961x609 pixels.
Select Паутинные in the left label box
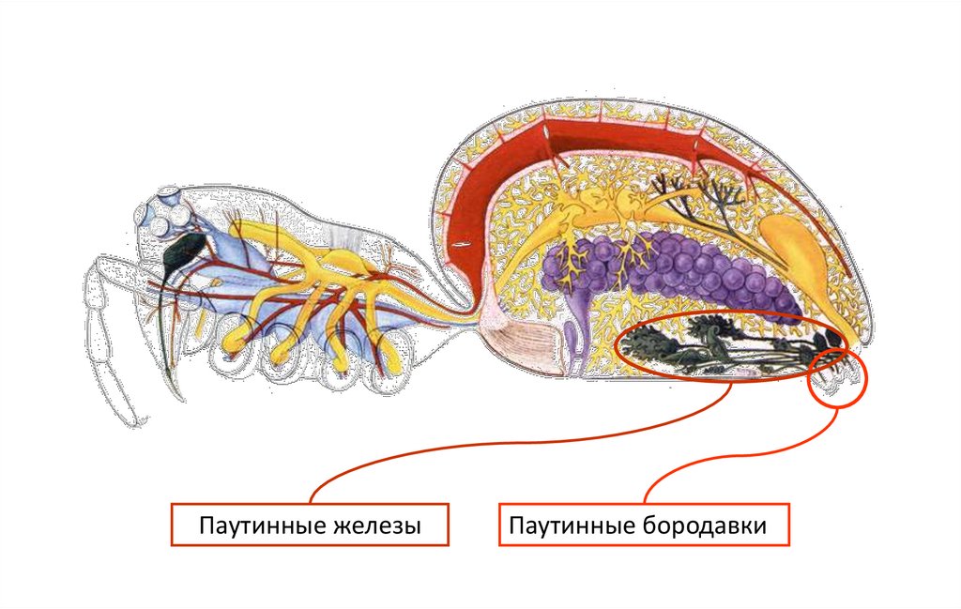coord(255,526)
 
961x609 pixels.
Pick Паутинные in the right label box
coord(570,526)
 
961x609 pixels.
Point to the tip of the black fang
coord(175,394)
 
